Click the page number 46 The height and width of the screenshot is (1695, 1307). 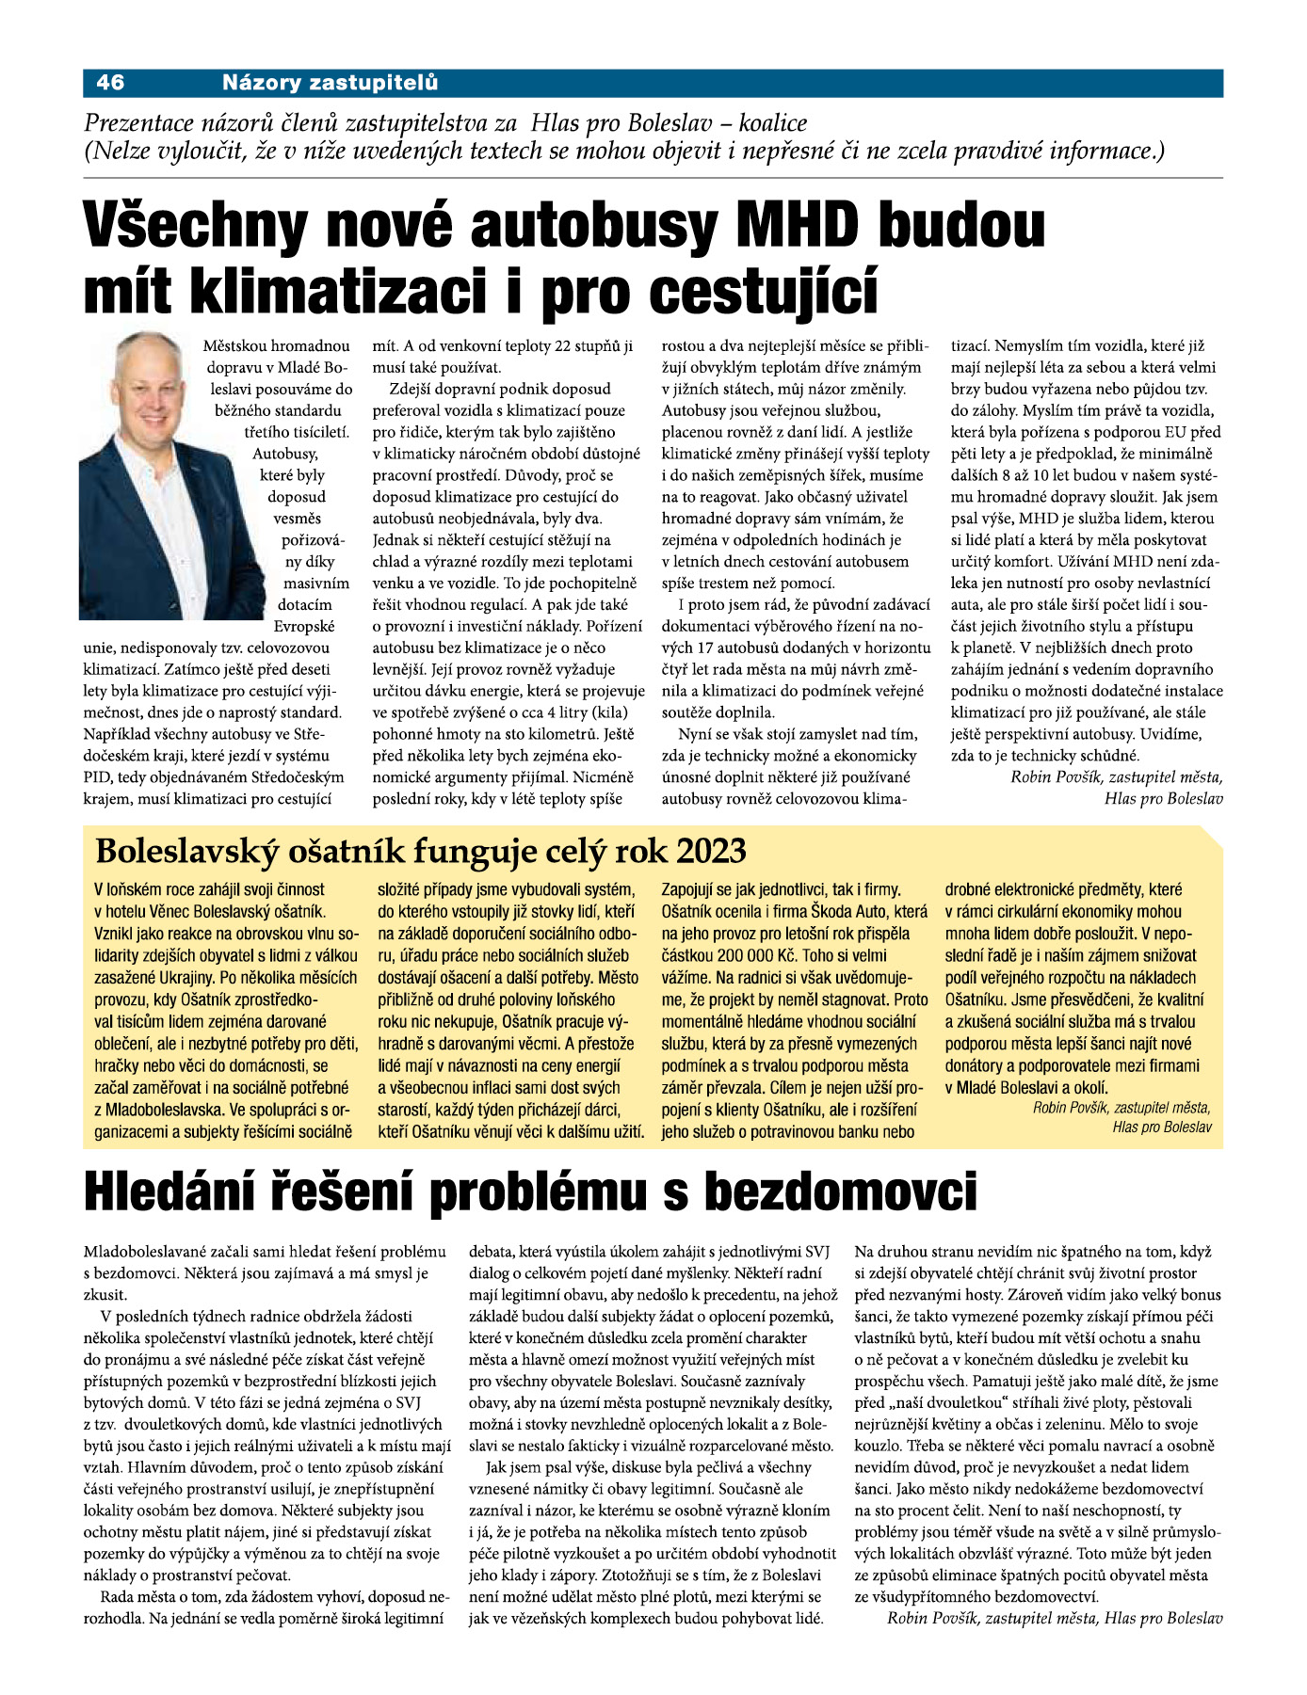coord(110,83)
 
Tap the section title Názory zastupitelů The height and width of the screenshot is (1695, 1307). coord(330,83)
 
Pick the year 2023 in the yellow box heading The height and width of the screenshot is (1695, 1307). coord(711,851)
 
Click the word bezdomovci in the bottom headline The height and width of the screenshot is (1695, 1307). coord(842,1192)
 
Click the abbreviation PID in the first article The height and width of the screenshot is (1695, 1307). coord(98,777)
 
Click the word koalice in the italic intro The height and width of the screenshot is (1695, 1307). coord(773,123)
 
